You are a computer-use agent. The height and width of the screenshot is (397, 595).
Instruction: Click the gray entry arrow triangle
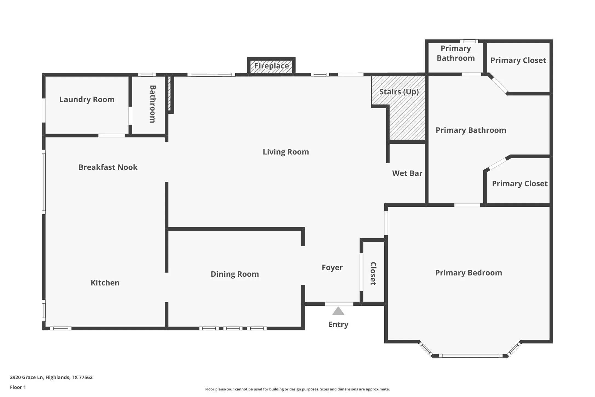(x=338, y=311)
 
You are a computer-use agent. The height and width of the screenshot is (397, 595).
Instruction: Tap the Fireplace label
(x=271, y=66)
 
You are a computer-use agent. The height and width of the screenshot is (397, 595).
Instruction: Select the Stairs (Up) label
(x=399, y=92)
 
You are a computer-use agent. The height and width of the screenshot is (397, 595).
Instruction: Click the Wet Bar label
(x=407, y=173)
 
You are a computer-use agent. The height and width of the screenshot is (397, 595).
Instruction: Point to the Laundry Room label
(x=87, y=100)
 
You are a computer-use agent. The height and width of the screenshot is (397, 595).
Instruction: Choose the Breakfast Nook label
(x=108, y=167)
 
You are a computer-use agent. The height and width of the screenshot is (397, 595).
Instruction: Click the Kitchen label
(x=105, y=283)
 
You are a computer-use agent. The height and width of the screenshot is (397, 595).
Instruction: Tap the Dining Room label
(x=234, y=274)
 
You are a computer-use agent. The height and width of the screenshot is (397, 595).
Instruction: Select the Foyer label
(x=332, y=268)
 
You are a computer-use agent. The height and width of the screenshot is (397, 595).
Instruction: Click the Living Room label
(x=286, y=152)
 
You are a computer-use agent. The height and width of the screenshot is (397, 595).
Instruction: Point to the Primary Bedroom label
(x=468, y=273)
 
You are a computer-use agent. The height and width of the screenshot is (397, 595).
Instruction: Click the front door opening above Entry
(x=339, y=304)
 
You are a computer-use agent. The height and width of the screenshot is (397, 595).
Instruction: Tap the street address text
(x=51, y=377)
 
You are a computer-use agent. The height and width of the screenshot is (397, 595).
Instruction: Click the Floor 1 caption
(x=18, y=387)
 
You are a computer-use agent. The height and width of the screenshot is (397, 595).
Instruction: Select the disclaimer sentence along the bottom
(x=297, y=389)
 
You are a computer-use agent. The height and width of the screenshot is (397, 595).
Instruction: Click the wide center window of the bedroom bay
(x=471, y=356)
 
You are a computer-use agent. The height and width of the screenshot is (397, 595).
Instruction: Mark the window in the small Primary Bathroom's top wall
(x=469, y=41)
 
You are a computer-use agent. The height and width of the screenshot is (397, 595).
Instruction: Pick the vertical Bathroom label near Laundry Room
(x=153, y=104)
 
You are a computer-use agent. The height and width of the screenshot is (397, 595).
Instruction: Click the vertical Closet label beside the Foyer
(x=373, y=273)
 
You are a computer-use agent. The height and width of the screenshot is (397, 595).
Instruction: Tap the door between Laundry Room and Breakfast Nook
(x=111, y=135)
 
